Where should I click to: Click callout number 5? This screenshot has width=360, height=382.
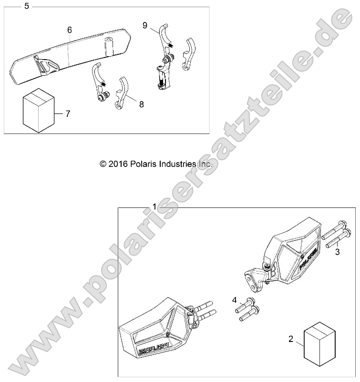coord(27,6)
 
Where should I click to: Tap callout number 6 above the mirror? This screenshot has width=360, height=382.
coord(70,30)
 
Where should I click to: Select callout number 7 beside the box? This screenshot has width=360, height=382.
coord(68,114)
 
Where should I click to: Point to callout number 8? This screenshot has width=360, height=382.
coord(141,104)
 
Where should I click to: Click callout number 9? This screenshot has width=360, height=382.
coord(145,25)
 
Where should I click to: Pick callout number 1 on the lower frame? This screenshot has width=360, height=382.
coord(154,206)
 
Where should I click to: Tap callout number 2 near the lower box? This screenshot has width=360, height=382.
coord(290,339)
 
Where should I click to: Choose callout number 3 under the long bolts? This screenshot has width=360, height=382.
coord(337,252)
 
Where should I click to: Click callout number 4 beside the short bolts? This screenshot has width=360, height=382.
coord(234,300)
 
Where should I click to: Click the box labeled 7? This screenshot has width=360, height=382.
coord(39,110)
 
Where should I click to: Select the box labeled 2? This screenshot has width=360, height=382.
coord(319,344)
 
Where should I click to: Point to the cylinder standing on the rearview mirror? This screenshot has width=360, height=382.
coord(110,46)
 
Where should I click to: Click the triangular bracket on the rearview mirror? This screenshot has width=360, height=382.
coord(46,65)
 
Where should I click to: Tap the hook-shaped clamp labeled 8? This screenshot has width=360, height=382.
coord(122,93)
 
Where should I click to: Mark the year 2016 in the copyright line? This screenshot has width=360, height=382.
coord(118,164)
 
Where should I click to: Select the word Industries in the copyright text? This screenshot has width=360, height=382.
coord(177,164)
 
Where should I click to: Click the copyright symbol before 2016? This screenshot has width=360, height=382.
coord(103,164)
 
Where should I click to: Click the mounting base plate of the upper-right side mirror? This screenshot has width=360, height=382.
coord(253,279)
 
